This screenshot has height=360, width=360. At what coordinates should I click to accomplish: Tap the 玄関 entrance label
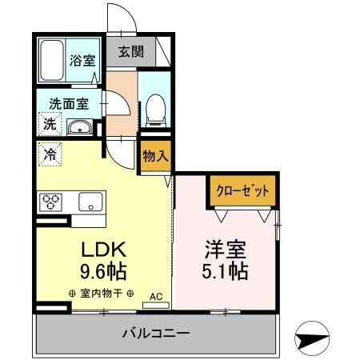(133, 53)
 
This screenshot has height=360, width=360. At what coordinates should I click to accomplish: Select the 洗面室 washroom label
(69, 103)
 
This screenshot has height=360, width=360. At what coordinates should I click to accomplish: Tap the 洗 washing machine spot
(49, 126)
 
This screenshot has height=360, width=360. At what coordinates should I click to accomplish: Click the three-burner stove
(54, 202)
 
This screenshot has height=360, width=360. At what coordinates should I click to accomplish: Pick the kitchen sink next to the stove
(89, 202)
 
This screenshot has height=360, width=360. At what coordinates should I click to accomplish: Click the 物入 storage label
(155, 156)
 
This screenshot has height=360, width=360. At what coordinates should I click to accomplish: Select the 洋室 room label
(224, 248)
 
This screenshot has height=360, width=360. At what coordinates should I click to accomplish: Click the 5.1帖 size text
(224, 271)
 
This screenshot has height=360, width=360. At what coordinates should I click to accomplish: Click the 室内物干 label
(101, 294)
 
